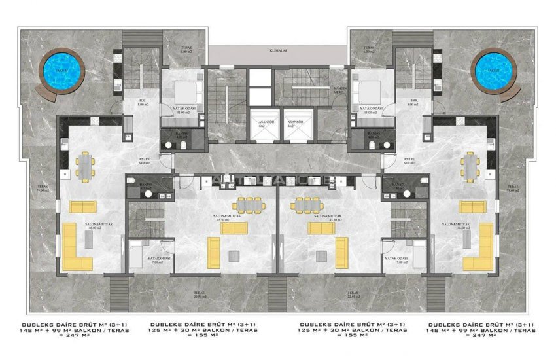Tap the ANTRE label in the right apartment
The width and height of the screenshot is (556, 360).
pyautogui.click(x=409, y=160)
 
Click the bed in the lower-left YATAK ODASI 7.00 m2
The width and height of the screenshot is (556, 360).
pyautogui.click(x=138, y=255)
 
